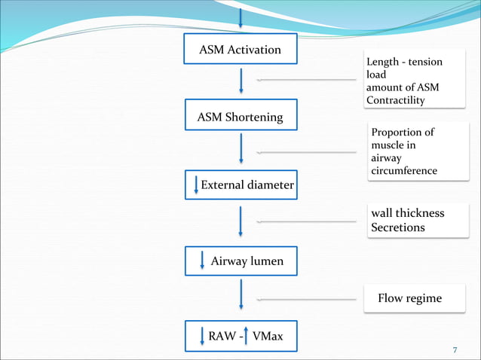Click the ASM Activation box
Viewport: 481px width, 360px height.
[240, 50]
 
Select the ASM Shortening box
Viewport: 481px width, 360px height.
[240, 117]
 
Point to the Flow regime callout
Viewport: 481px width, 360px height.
[409, 299]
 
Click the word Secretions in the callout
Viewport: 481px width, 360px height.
[398, 227]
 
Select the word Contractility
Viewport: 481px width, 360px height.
[396, 100]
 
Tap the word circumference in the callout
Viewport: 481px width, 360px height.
[404, 171]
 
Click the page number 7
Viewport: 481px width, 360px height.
[455, 351]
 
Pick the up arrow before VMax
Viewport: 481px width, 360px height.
[247, 335]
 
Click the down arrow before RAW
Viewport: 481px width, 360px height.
[202, 336]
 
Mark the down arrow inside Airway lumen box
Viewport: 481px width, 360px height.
[202, 261]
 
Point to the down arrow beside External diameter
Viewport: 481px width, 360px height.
[197, 185]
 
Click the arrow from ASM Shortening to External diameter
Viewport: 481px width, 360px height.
[240, 148]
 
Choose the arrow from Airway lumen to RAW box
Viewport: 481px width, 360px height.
[240, 294]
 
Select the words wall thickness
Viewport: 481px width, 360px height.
[407, 213]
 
